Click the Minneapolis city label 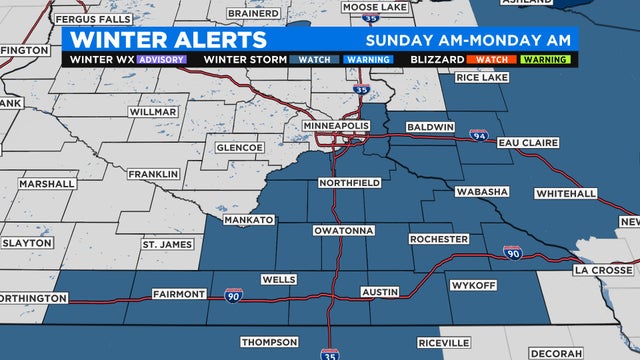tap(337, 126)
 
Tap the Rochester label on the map tap(438, 240)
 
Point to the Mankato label tap(248, 219)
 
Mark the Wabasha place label tap(482, 191)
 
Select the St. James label tap(164, 244)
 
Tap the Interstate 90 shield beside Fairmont tap(232, 296)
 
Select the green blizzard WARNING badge tap(546, 59)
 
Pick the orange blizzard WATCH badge tap(490, 59)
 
